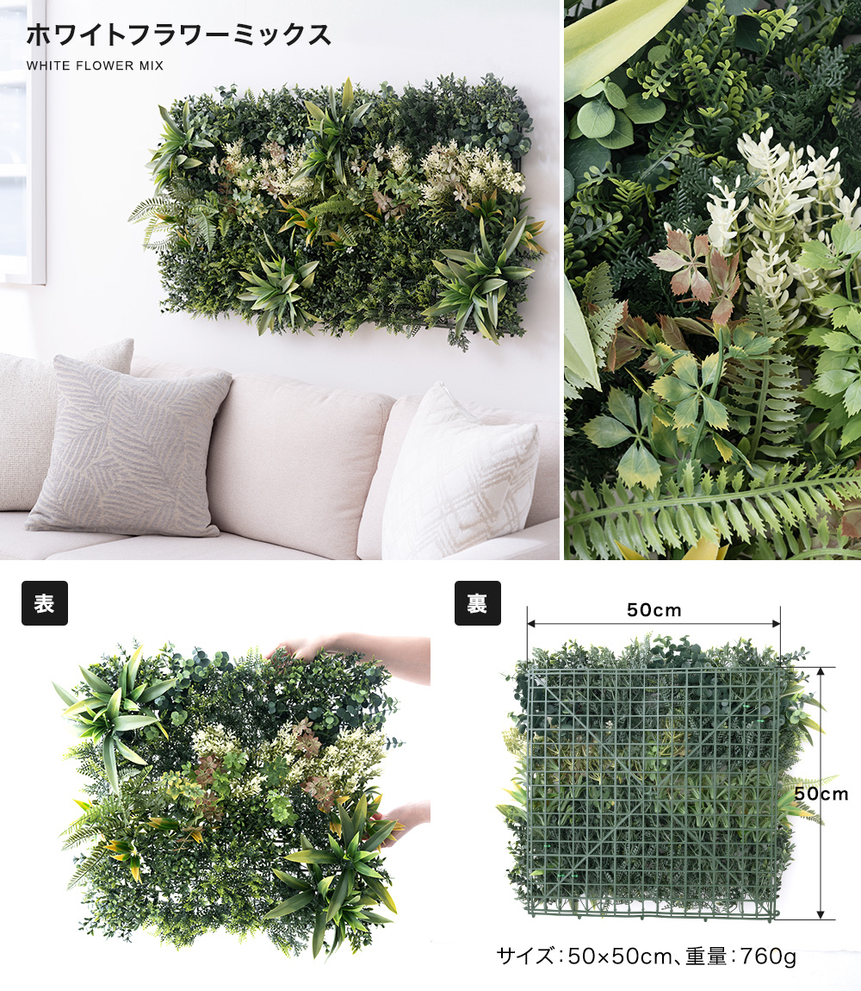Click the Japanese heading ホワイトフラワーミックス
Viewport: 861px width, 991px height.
click(179, 35)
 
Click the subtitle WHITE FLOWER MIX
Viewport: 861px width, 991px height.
click(95, 65)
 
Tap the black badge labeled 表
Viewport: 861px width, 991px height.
click(45, 603)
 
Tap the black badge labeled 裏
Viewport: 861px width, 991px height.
click(478, 603)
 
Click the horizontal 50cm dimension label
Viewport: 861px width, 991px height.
click(653, 610)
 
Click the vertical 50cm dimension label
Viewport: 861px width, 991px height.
click(821, 794)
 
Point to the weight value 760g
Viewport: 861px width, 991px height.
click(767, 957)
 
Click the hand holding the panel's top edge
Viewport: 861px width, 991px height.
click(354, 654)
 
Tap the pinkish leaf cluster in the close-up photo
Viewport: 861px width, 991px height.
click(695, 269)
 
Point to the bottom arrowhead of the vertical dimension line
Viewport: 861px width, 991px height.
click(820, 914)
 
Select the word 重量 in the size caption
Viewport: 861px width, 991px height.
click(707, 957)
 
